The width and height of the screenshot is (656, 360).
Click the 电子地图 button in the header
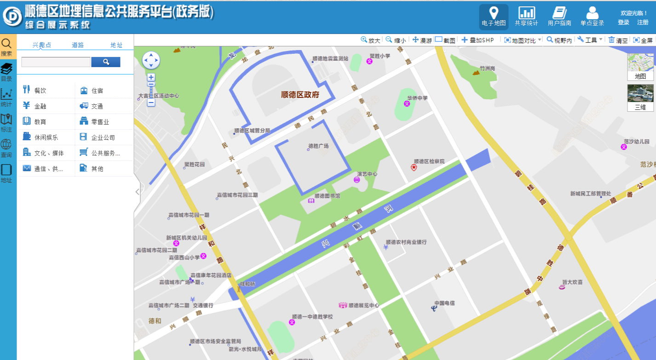[494, 17]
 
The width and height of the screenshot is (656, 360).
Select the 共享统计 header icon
[526, 17]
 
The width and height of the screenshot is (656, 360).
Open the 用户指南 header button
[559, 17]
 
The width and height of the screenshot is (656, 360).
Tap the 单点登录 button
[592, 17]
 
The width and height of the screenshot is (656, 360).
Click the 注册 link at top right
[643, 23]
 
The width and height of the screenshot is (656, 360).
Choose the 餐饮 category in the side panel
[40, 91]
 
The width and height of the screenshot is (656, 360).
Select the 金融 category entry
[40, 106]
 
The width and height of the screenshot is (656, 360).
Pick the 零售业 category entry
[100, 122]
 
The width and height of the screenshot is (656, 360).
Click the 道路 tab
[78, 45]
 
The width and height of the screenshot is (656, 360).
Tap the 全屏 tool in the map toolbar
[643, 40]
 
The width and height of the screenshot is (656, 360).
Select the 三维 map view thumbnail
[640, 97]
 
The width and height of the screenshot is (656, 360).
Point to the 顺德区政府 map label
[306, 95]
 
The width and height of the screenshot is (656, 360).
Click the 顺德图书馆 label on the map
[327, 196]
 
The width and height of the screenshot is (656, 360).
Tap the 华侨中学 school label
[417, 98]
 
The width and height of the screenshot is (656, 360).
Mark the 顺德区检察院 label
[429, 161]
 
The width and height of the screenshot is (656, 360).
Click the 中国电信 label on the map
[444, 303]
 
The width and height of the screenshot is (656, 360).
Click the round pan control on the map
[151, 60]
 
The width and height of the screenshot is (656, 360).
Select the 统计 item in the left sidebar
[7, 97]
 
